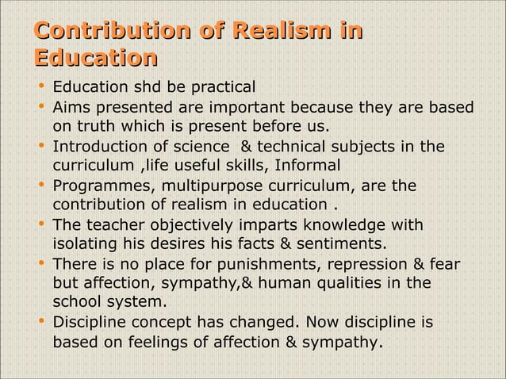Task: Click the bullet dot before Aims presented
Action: pyautogui.click(x=40, y=106)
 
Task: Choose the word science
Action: pyautogui.click(x=198, y=146)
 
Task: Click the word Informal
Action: pyautogui.click(x=311, y=166)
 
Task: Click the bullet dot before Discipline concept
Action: pyautogui.click(x=40, y=323)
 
